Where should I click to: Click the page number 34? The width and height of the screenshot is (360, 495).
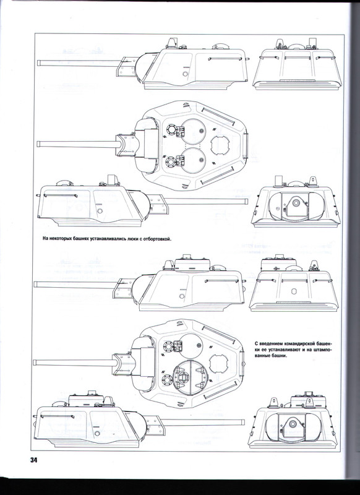coord(34,460)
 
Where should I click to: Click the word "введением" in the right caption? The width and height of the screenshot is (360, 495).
coord(271,344)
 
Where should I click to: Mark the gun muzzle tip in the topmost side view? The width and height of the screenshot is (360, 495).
coord(38,62)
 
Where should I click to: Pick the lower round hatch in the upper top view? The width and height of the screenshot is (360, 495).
coord(193,160)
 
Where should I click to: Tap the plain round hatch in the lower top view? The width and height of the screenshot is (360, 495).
coord(190,346)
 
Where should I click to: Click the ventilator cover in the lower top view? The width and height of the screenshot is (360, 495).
coord(218,363)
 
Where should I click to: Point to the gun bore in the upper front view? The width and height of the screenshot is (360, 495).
coord(296,203)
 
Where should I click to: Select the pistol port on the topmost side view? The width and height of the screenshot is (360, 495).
coord(185,74)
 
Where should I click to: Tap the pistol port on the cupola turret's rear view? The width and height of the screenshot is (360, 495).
coord(294,291)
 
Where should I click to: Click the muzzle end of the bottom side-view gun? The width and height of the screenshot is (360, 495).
coord(242,423)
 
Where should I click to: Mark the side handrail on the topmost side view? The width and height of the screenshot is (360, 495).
coord(225,59)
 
